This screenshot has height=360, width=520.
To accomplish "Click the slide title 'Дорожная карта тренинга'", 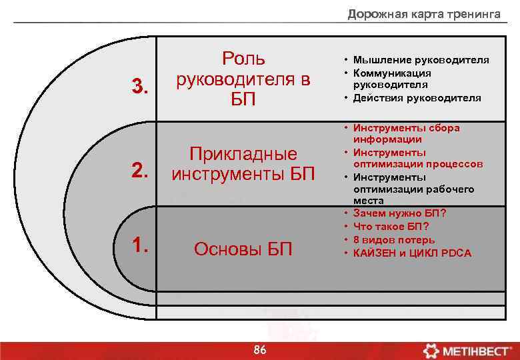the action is pyautogui.click(x=423, y=14).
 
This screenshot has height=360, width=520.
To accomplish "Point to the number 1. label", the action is pyautogui.click(x=139, y=246).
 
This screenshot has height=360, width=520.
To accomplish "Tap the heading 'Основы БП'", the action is pyautogui.click(x=243, y=249).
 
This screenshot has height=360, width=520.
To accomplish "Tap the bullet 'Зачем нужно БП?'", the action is pyautogui.click(x=399, y=213).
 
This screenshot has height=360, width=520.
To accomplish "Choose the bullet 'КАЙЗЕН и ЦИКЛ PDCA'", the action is pyautogui.click(x=412, y=253).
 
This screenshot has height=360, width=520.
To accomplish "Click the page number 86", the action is pyautogui.click(x=260, y=351).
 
